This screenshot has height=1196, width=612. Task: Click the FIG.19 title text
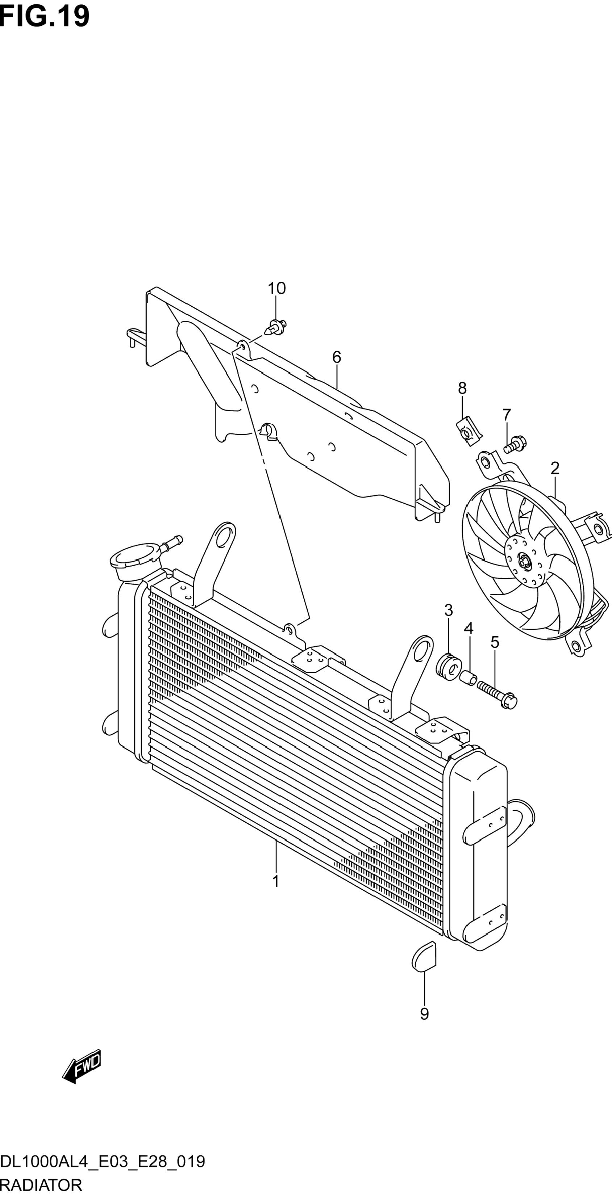pyautogui.click(x=44, y=17)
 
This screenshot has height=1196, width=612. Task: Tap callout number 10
pyautogui.click(x=276, y=288)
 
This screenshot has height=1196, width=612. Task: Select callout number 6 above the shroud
pyautogui.click(x=337, y=357)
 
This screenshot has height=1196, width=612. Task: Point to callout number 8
pyautogui.click(x=462, y=388)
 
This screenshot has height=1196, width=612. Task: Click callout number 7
pyautogui.click(x=507, y=414)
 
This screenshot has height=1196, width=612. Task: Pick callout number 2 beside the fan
pyautogui.click(x=555, y=468)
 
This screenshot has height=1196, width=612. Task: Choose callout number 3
pyautogui.click(x=449, y=610)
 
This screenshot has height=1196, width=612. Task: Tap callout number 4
pyautogui.click(x=469, y=629)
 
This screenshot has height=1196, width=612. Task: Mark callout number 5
pyautogui.click(x=495, y=643)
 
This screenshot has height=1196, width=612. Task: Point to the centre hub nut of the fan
pyautogui.click(x=525, y=562)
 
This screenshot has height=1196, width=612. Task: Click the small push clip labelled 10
pyautogui.click(x=275, y=327)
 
